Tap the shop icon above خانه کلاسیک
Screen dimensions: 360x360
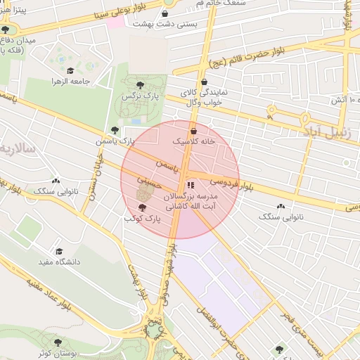point(193,131)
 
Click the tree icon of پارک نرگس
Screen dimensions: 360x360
point(140,85)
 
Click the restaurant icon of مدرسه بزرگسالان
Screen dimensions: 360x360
point(191,186)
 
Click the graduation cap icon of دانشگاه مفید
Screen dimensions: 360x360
point(60,251)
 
